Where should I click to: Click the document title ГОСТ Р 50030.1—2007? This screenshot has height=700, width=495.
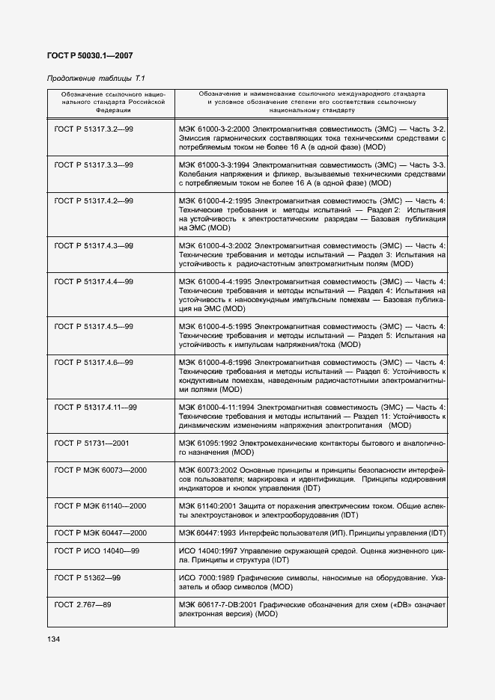[x=90, y=55]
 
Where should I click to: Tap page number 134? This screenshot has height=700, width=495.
[x=55, y=639]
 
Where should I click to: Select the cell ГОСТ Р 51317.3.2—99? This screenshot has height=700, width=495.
[x=94, y=129]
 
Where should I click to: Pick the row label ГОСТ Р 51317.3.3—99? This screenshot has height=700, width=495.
[x=94, y=165]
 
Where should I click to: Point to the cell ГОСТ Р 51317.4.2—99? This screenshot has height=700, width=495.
[x=94, y=201]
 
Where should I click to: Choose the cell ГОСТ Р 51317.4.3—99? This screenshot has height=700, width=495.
[x=94, y=245]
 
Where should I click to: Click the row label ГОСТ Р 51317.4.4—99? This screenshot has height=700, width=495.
[x=94, y=282]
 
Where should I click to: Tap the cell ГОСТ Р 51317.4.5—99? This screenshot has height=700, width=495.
[x=94, y=326]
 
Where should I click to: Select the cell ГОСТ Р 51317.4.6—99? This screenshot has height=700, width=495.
[x=94, y=363]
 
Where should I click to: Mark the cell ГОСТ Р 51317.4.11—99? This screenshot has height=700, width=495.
[x=96, y=407]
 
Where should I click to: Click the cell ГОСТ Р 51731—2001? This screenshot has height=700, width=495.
[x=91, y=443]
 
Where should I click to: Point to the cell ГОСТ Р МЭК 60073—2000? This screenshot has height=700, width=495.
[x=100, y=470]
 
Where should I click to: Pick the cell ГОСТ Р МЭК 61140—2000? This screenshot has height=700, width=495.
[x=100, y=506]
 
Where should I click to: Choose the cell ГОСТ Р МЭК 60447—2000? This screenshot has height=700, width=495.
[x=100, y=533]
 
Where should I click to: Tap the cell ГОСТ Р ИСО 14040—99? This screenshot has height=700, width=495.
[x=97, y=550]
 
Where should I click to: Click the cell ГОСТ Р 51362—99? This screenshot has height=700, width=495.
[x=88, y=578]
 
